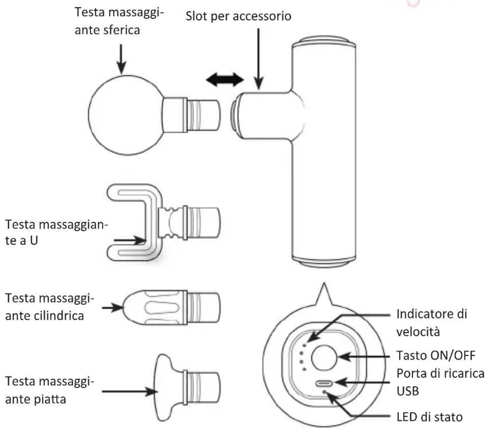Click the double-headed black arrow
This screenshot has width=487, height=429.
point(225,80)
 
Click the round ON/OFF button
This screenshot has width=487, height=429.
point(324,357)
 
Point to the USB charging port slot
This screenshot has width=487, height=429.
point(324,383)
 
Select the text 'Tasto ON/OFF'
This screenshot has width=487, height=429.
point(436,356)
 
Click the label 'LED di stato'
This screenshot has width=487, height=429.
point(430,417)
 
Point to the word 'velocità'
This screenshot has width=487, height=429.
point(418,332)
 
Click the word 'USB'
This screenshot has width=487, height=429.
point(408,391)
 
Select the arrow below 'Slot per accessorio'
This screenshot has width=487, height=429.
point(259,59)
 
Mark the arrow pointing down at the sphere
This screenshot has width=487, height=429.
point(121,59)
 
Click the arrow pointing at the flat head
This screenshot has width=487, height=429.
point(130,392)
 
